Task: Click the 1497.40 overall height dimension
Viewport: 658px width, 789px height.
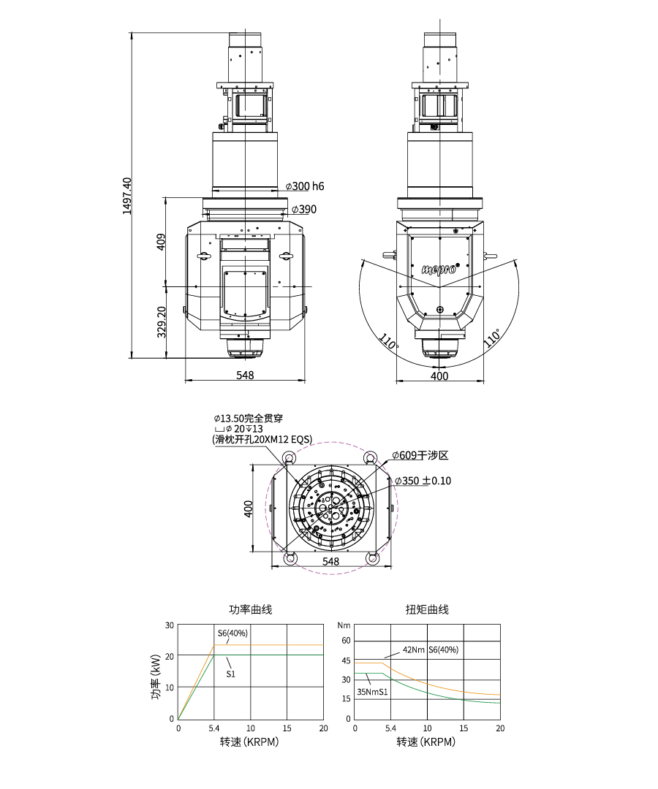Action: [x=127, y=196]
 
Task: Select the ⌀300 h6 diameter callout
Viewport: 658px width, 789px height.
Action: [x=305, y=186]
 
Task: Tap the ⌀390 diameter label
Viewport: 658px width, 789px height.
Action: [x=304, y=210]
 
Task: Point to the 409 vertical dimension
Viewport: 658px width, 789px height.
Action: [x=161, y=242]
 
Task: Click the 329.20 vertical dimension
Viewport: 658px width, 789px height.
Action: [x=161, y=322]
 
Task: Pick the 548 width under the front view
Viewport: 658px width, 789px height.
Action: [x=245, y=375]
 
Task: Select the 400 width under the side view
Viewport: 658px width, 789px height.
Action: [x=439, y=376]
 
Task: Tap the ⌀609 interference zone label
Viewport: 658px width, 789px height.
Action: [x=420, y=455]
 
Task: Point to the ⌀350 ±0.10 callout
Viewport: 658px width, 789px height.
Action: [x=423, y=481]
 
